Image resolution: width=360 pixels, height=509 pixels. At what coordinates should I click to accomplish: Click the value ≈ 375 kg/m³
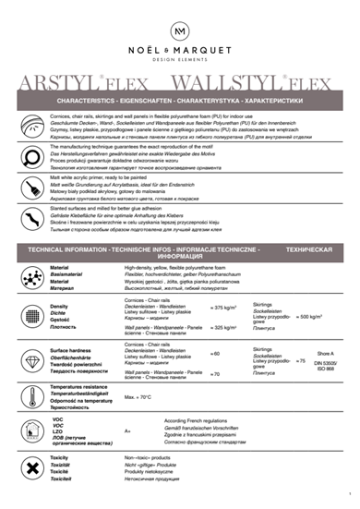point(225,308)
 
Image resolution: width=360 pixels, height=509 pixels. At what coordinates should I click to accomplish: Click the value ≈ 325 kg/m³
point(225,327)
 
